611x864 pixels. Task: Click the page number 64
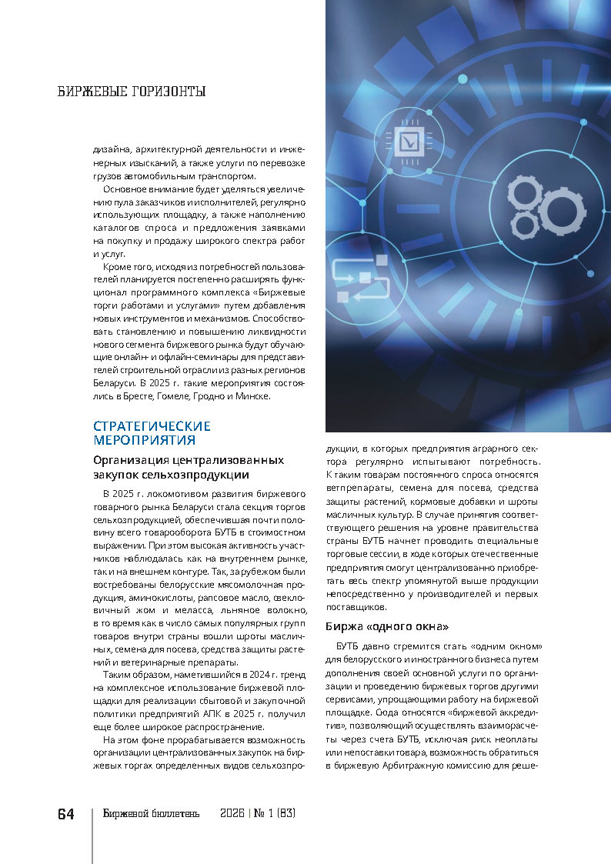(x=65, y=814)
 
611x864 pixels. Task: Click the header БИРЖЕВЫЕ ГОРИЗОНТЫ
(x=132, y=92)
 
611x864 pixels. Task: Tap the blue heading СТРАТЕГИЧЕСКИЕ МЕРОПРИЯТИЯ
(x=152, y=433)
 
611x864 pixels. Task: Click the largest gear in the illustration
(x=563, y=208)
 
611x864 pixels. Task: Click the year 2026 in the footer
(x=232, y=814)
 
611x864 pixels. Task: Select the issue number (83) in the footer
(x=285, y=814)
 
